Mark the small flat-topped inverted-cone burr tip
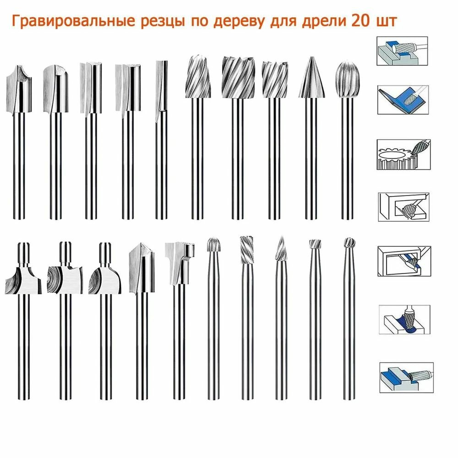[x=314, y=244]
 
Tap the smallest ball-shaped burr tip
[x=349, y=243]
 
